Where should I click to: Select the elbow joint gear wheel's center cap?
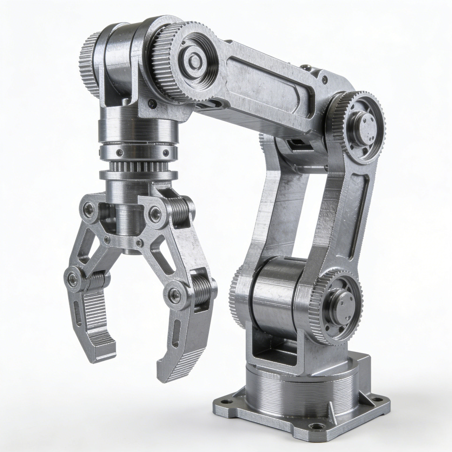click(x=363, y=128)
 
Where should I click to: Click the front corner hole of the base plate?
click(x=316, y=426)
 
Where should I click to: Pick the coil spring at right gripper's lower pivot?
click(x=202, y=290)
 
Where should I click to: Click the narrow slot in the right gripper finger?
click(x=177, y=333)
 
